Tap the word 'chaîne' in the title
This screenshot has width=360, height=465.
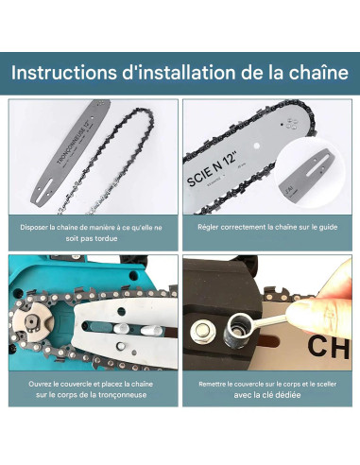tap(318, 71)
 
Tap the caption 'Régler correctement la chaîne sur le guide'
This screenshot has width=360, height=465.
tap(266, 228)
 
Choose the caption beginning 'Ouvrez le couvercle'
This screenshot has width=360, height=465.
tap(91, 390)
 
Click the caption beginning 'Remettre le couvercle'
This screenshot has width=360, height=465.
tap(266, 385)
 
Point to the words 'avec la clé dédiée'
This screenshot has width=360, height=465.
tap(266, 396)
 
